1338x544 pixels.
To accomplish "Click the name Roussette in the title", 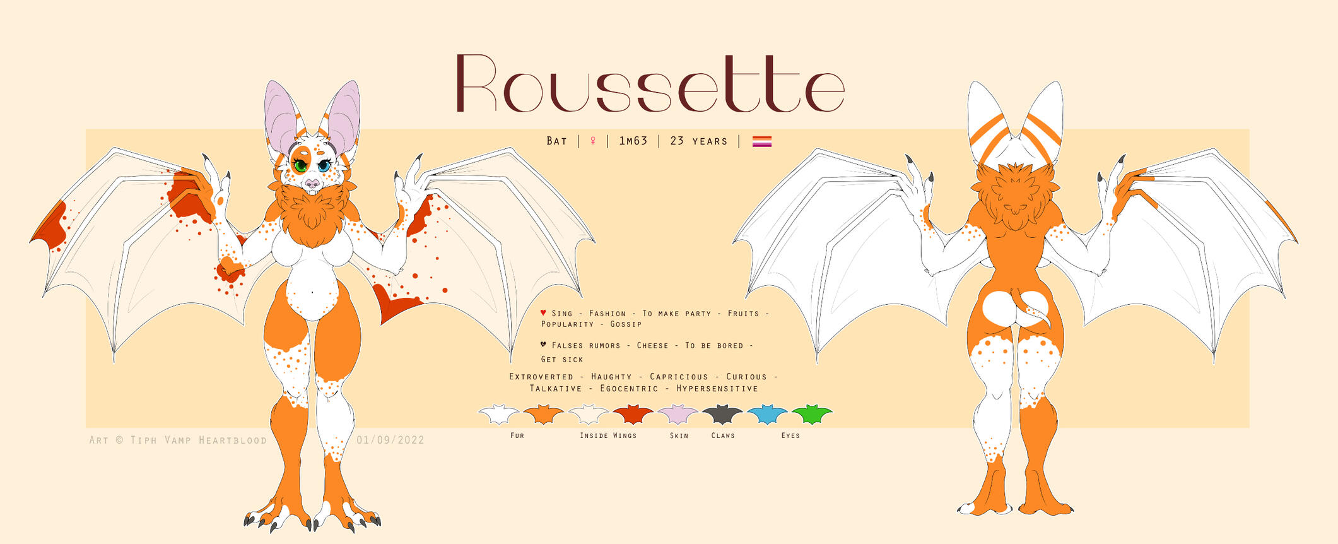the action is (650, 83).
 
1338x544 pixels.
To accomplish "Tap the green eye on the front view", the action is (300, 166).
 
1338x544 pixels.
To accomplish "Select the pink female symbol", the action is (593, 141).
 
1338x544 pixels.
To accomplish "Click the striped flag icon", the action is (762, 141).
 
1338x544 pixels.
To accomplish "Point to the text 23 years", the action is (699, 141).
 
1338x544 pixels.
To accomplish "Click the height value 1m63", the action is (633, 141).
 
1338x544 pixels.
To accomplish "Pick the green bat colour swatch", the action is (812, 415).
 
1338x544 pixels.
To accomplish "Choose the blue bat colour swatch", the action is (767, 415).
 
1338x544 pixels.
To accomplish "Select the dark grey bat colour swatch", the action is (723, 415).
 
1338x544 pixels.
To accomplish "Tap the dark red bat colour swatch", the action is (633, 415).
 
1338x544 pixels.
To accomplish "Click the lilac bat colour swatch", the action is (678, 415).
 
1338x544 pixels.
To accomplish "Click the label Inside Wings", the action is (608, 435).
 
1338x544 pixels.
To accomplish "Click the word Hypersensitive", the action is (717, 389).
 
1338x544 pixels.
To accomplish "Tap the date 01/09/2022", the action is (390, 440).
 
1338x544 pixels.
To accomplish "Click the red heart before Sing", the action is (543, 313).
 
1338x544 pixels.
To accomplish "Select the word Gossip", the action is (626, 324).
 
